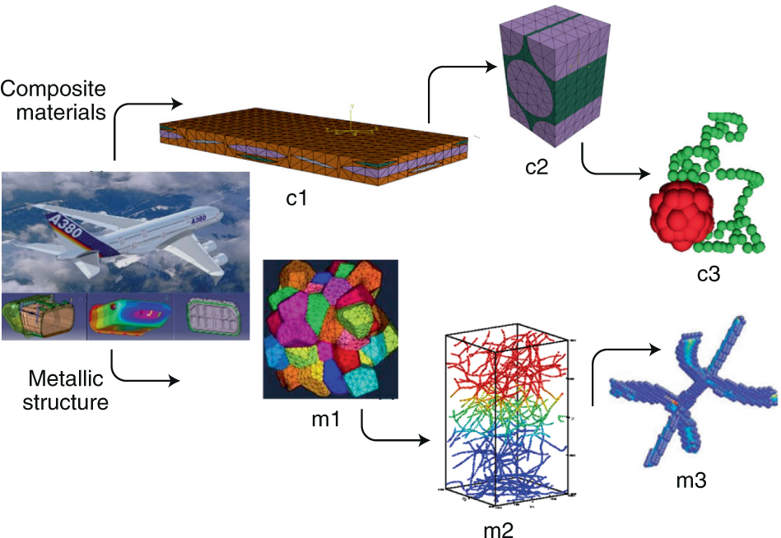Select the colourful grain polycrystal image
[329, 328]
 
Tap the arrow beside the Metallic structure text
[140, 374]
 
